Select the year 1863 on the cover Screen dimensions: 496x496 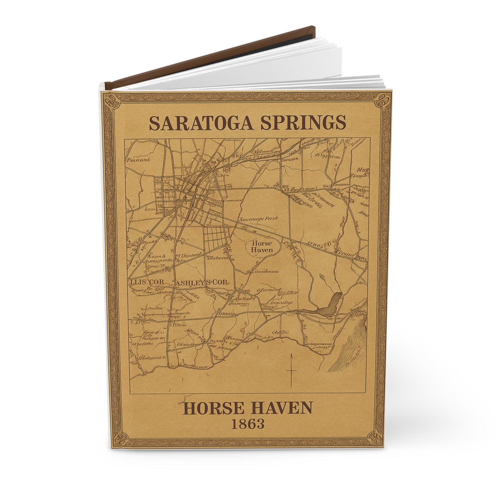[x=247, y=424]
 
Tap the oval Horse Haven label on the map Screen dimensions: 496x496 [x=262, y=246]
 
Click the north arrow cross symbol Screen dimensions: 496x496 [x=291, y=370]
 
